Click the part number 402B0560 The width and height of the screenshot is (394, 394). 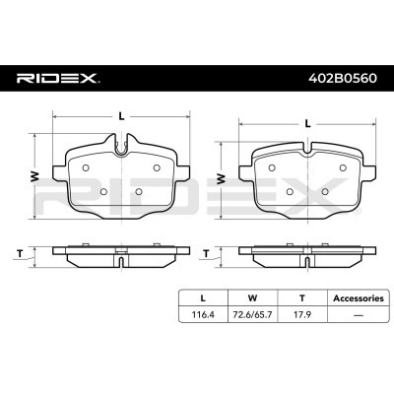pyautogui.click(x=343, y=79)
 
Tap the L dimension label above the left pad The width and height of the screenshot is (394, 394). pyautogui.click(x=121, y=116)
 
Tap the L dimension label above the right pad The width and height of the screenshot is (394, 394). pyautogui.click(x=307, y=124)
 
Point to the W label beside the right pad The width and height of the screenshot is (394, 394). pyautogui.click(x=222, y=178)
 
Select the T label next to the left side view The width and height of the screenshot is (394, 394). pyautogui.click(x=20, y=254)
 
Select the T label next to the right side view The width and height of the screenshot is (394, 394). pyautogui.click(x=206, y=254)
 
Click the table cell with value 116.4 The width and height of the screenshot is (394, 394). pyautogui.click(x=203, y=314)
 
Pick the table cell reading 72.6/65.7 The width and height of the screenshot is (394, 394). pyautogui.click(x=252, y=314)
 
